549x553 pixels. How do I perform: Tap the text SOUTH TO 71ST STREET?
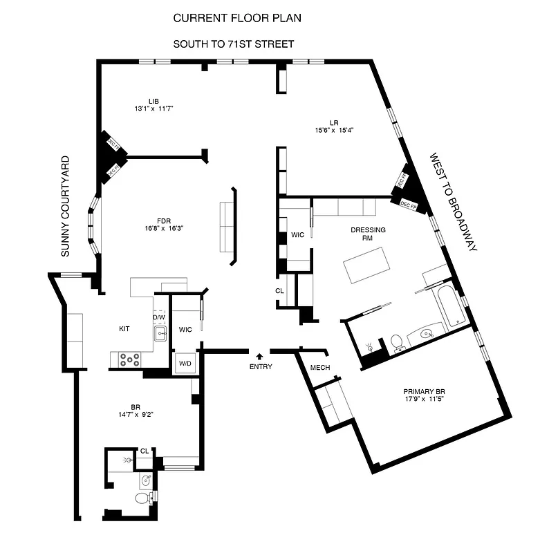[x=233, y=44]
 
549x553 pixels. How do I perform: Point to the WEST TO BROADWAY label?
[x=454, y=202]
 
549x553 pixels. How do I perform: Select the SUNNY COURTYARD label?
[x=66, y=207]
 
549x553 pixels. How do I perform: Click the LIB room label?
[x=144, y=100]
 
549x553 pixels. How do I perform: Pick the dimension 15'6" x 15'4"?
[x=334, y=130]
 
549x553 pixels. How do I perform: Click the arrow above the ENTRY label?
[x=260, y=356]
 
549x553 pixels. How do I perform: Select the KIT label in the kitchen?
[x=124, y=329]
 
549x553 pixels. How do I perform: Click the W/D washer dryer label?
[x=185, y=363]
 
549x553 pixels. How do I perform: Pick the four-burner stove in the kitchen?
[x=130, y=359]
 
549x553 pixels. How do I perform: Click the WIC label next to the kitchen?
[x=185, y=329]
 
